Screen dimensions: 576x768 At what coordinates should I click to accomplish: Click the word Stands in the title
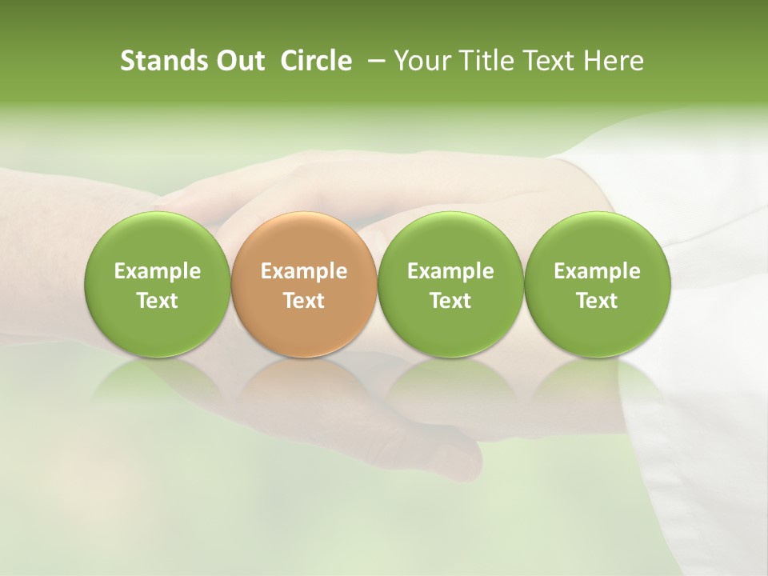[162, 61]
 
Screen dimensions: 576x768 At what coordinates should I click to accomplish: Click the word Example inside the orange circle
[304, 271]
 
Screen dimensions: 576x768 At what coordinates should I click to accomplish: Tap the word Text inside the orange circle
[304, 301]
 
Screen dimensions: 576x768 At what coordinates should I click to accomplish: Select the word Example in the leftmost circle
[158, 271]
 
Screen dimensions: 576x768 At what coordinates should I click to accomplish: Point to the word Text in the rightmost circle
[598, 301]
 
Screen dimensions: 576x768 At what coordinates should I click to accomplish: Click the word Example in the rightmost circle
[598, 271]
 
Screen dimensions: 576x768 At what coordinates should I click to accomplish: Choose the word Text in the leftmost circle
[158, 301]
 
